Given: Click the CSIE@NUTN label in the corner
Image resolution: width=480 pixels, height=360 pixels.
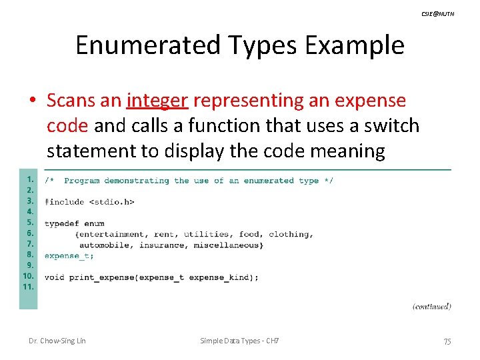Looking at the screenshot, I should pos(438,14).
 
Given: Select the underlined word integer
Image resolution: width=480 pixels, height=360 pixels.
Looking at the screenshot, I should pos(157,101).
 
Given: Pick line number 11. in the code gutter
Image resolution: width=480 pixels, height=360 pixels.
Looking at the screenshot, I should pos(28,287).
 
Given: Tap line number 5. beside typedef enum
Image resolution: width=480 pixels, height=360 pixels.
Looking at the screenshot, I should pos(29,223).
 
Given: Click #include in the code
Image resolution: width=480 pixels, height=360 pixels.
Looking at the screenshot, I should pos(64,202).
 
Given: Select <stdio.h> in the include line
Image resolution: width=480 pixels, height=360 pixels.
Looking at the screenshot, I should pos(112,202).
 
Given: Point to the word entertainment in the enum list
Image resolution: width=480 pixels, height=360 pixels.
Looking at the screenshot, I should pos(113,234).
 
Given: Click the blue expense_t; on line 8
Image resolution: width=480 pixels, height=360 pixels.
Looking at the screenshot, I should pos(69,255).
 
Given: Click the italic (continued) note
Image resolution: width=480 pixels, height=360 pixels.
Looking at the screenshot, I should pos(431,306).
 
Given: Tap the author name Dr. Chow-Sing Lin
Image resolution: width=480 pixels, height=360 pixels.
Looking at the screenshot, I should pos(57,341).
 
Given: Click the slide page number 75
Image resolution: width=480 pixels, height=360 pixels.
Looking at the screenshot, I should pos(447,341).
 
